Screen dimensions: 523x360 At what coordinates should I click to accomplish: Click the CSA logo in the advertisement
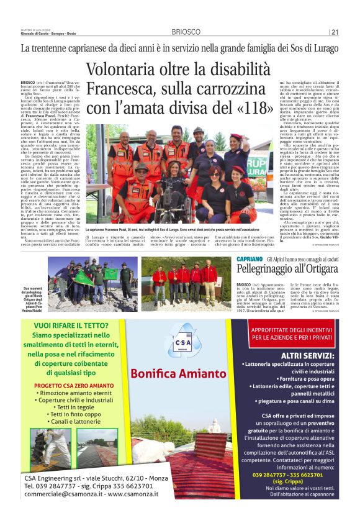tap(182, 340)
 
